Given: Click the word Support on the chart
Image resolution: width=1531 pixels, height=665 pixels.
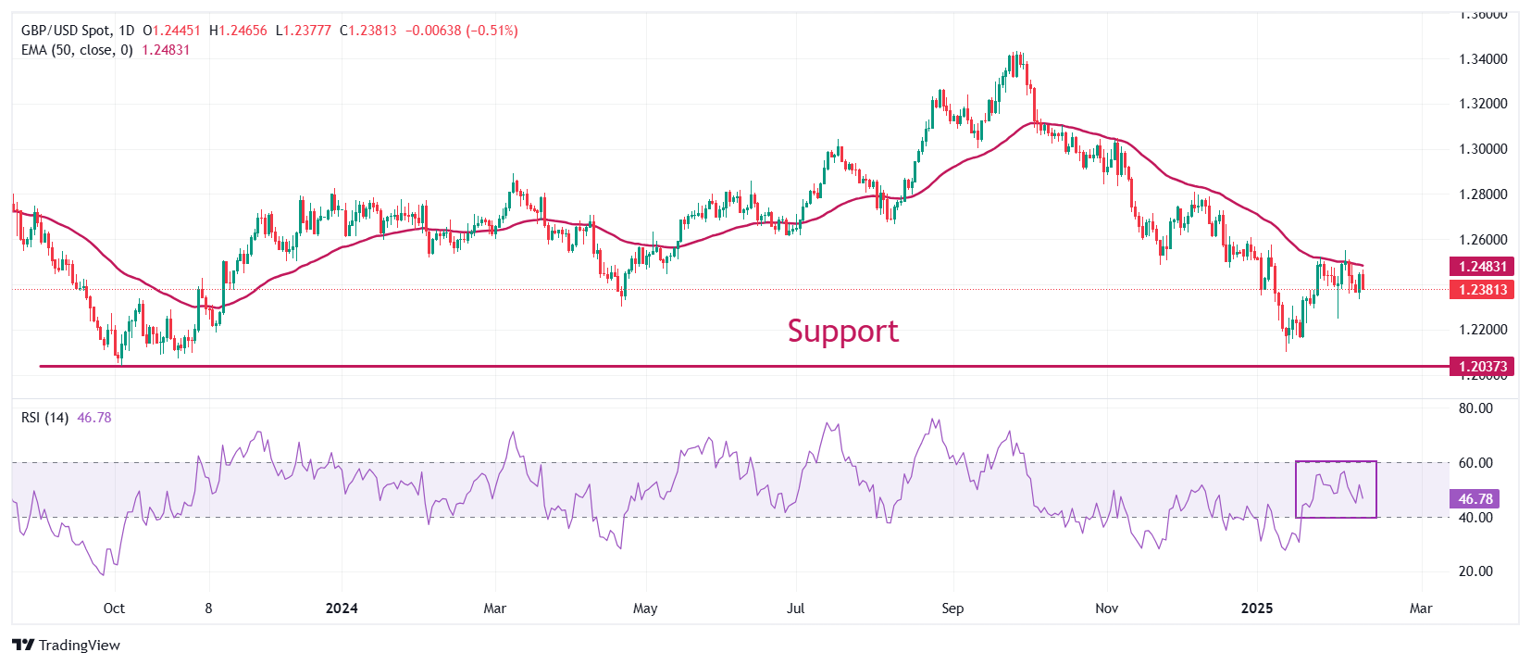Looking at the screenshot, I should coord(842,332).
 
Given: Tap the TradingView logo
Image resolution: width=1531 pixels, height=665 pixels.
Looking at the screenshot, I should coord(67,646).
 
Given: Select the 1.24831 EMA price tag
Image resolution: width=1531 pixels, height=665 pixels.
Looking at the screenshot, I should coord(1483,267).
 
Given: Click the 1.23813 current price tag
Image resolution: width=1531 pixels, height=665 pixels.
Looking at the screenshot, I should coord(1483,290).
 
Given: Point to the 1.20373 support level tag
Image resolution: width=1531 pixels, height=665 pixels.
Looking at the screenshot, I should coord(1483,367).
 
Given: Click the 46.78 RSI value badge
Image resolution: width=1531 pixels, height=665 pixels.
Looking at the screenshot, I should coord(1475,499).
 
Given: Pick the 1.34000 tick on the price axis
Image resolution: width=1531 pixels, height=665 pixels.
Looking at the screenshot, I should coord(1483,59).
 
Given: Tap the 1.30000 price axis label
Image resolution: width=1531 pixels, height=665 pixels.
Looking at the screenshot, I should coord(1483,149).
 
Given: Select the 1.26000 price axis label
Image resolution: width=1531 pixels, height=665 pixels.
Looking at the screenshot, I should coord(1483,240).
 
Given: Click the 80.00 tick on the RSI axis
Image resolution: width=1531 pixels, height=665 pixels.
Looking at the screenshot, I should coord(1475,408).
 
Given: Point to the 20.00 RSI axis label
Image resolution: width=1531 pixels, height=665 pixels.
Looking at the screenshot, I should coord(1475,571).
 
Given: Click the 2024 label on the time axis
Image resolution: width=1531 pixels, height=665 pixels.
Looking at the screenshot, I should coord(342,609).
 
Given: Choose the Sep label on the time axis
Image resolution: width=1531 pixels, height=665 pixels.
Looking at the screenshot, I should coord(952,609).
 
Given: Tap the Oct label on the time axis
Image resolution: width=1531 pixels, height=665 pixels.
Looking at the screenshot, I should coord(114,609).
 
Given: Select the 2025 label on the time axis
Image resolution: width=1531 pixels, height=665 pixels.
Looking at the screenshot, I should coord(1256,609).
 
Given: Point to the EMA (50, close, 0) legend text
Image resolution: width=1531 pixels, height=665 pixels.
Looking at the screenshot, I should coord(77,50).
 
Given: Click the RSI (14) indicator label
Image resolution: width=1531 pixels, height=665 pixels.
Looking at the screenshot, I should coord(44,418).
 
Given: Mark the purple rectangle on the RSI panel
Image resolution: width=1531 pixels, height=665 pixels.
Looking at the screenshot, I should coord(1336,489).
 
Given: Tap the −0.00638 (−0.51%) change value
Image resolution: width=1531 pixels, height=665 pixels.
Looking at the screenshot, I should coord(459,31).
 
